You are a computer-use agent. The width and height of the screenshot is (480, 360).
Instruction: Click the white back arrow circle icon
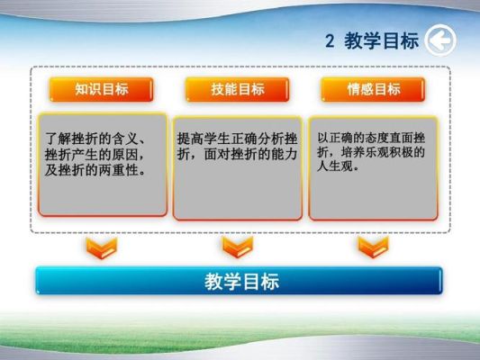(x=440, y=40)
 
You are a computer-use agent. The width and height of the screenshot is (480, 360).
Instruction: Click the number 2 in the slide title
(x=330, y=40)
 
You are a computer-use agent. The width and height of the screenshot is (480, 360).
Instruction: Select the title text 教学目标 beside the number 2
(x=382, y=40)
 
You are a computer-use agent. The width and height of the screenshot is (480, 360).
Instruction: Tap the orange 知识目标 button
(x=102, y=89)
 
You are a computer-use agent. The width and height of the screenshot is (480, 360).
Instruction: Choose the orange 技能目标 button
(x=237, y=89)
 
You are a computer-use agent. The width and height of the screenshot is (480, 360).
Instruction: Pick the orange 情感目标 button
(x=373, y=89)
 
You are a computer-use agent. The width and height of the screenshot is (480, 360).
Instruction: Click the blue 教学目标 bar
(x=239, y=281)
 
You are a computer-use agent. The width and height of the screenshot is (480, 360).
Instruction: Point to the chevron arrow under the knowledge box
(x=102, y=248)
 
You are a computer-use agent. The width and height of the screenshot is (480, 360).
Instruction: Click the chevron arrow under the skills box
(x=238, y=247)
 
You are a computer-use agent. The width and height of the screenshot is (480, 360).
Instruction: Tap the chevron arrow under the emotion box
(x=373, y=247)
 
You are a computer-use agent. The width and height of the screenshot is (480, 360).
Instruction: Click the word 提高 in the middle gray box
(x=191, y=139)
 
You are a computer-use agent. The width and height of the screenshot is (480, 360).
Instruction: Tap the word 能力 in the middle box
(x=285, y=154)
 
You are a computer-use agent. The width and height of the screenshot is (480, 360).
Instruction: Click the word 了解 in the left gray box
(x=59, y=139)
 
